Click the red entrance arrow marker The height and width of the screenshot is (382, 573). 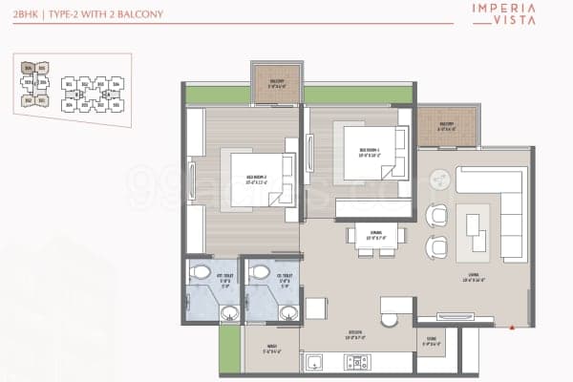513,327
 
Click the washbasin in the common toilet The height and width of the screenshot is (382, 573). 285,312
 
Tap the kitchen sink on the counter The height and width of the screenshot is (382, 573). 313,362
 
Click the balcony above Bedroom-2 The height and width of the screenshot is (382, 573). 275,84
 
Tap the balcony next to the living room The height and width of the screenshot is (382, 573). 446,127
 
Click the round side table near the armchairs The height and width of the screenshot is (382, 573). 441,180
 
